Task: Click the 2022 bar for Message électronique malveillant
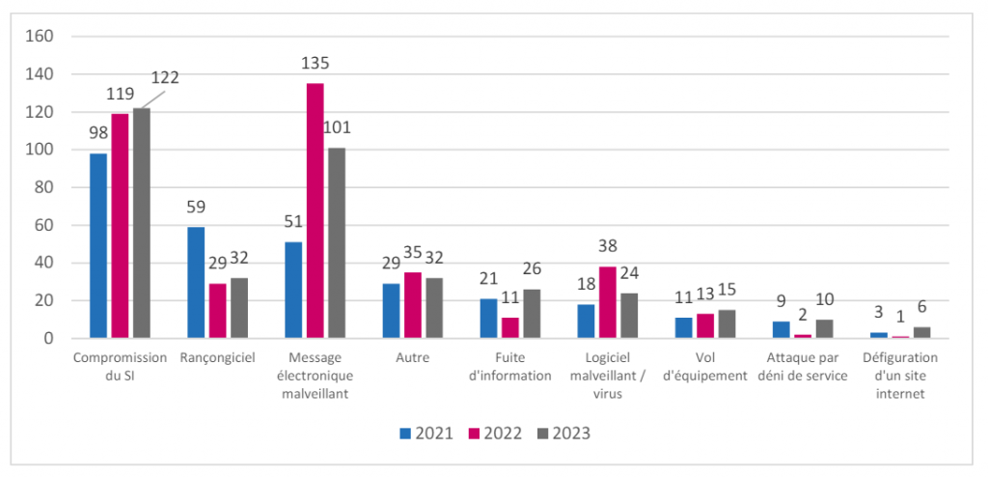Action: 316,210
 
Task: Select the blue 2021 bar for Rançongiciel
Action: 196,283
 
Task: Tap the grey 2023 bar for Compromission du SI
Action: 141,223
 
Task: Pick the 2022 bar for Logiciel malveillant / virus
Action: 608,303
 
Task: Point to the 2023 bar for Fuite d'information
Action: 532,314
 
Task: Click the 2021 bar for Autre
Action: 392,311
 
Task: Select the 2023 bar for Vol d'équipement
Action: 727,324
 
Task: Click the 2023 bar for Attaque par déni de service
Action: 824,329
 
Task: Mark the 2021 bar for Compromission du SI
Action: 98,246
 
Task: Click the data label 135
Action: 316,64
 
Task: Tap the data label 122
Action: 165,77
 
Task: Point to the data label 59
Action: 196,208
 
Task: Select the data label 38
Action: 608,246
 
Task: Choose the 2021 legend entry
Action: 425,434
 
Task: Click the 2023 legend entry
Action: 563,434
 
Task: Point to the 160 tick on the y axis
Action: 41,37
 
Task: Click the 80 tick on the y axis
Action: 45,187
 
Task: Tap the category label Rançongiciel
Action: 217,358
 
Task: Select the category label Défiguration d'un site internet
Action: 900,377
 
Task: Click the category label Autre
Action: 413,357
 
